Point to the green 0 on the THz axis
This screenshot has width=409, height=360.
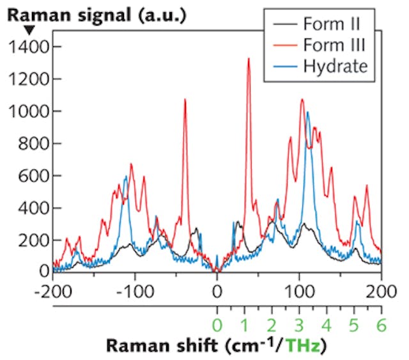[217, 324]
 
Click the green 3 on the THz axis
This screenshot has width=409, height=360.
[300, 324]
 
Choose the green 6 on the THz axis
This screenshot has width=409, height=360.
[382, 324]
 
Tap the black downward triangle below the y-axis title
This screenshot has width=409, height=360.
[12, 29]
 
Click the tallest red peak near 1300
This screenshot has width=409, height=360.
[248, 59]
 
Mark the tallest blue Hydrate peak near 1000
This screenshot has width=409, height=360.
[307, 113]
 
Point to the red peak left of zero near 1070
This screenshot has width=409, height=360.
[185, 100]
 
